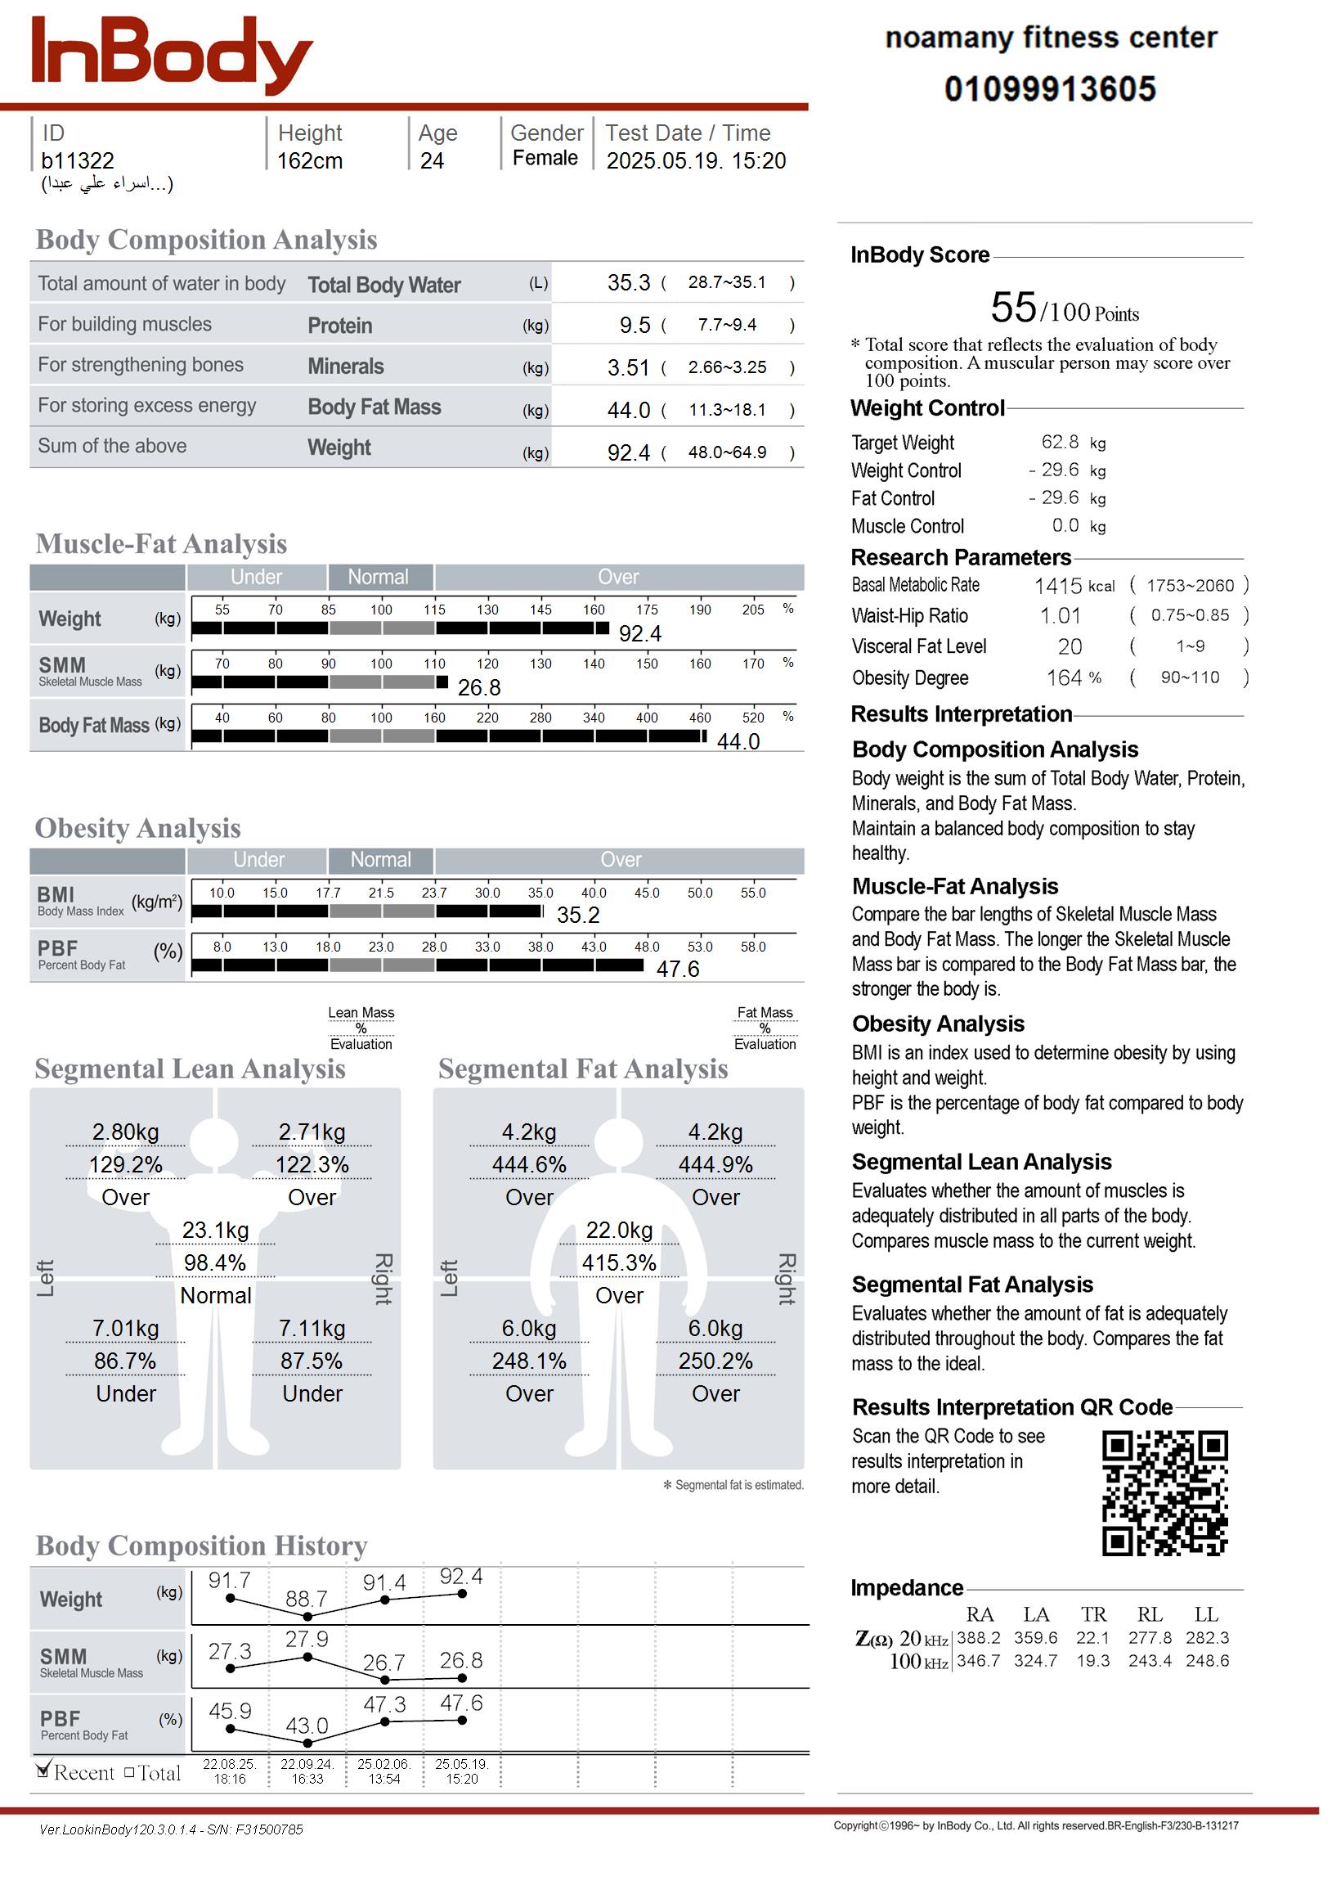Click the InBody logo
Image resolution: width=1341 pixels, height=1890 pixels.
pyautogui.click(x=172, y=55)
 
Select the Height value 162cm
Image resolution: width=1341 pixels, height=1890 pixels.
pyautogui.click(x=310, y=161)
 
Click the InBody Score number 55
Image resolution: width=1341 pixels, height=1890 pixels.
pyautogui.click(x=1013, y=308)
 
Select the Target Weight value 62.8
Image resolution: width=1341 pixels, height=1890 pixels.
pyautogui.click(x=1060, y=443)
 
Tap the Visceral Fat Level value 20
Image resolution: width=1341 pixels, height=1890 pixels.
pyautogui.click(x=1070, y=647)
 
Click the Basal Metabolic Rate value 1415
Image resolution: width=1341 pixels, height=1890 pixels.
pyautogui.click(x=1058, y=586)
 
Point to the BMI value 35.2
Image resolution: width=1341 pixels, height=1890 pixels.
pyautogui.click(x=578, y=916)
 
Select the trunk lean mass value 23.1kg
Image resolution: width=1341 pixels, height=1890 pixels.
pyautogui.click(x=216, y=1231)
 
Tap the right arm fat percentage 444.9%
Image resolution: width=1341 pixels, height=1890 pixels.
pyautogui.click(x=715, y=1166)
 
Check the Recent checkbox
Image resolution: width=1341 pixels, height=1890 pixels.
pyautogui.click(x=44, y=1771)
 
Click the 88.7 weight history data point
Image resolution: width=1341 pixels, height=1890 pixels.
pyautogui.click(x=307, y=1617)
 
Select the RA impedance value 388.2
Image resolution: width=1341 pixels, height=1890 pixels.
pyautogui.click(x=979, y=1638)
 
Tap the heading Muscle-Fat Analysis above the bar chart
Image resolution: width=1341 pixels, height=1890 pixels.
pyautogui.click(x=161, y=543)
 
